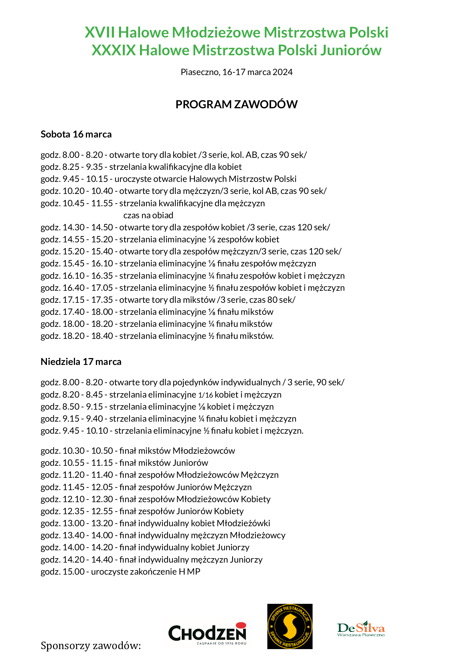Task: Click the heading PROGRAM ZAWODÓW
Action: (x=236, y=105)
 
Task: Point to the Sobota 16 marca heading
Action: (x=76, y=134)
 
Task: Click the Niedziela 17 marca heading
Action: (x=81, y=361)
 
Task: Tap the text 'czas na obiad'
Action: (x=148, y=215)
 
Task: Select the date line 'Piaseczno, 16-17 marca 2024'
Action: (x=236, y=72)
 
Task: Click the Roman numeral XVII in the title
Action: (x=100, y=32)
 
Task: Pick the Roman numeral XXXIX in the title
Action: (x=114, y=50)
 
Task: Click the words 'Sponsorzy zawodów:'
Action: (x=91, y=645)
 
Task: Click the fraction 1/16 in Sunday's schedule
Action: (x=206, y=395)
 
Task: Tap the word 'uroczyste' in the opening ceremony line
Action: (x=133, y=179)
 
